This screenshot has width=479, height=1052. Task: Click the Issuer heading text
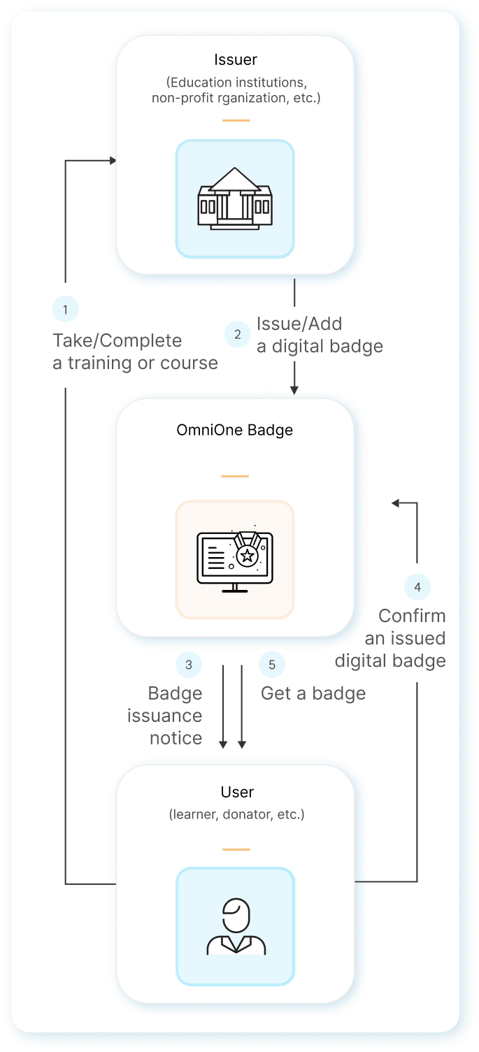point(235,59)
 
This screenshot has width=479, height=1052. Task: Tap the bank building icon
point(235,199)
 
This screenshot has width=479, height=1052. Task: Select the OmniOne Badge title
point(235,430)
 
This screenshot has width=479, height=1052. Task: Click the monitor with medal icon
point(235,559)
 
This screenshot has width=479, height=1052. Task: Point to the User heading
point(237,792)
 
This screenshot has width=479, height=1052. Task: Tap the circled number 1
point(66,309)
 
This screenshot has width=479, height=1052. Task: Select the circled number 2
point(238,334)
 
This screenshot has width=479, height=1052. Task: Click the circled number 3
point(189,665)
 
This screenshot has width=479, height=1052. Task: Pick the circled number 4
point(417,587)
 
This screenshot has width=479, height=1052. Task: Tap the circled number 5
point(272,665)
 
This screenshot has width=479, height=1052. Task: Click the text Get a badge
point(313,693)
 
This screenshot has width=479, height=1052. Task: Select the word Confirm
point(412,616)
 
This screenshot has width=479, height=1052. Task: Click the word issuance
point(164,716)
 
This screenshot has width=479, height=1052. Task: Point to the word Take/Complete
point(117,341)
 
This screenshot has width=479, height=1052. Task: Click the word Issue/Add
point(299,324)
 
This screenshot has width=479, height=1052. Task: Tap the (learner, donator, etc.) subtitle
point(237,814)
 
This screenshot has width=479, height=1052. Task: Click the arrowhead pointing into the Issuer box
point(112,161)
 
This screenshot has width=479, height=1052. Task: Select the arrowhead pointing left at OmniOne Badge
point(395,503)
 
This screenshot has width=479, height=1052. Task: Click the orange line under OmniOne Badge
point(235,476)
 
